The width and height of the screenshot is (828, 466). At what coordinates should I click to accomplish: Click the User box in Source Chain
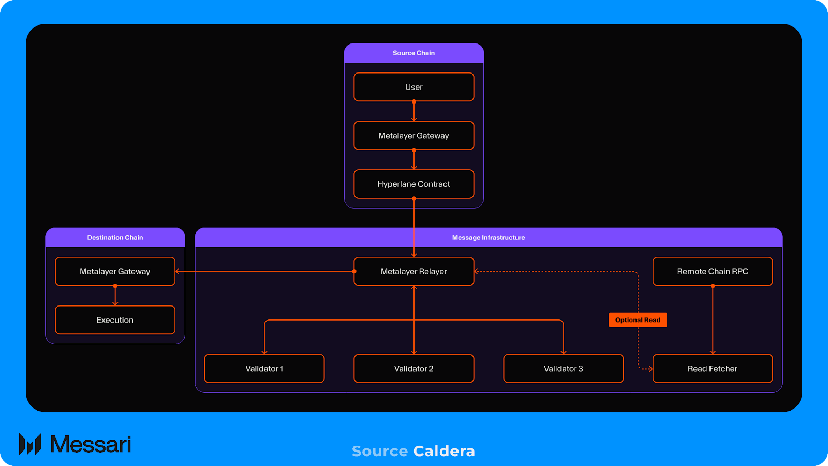point(413,87)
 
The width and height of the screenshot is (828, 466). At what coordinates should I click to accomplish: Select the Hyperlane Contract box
point(413,184)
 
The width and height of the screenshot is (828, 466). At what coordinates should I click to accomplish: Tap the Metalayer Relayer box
point(413,271)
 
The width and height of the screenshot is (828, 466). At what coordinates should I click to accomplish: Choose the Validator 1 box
point(264,369)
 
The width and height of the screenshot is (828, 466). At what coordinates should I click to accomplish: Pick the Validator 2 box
point(413,369)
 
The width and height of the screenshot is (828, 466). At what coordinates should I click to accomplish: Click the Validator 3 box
point(563,369)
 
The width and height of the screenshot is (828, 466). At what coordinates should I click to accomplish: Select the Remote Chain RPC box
point(713,271)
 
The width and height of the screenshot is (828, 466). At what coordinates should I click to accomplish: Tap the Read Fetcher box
point(713,369)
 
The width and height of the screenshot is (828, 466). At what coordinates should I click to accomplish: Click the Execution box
point(115,320)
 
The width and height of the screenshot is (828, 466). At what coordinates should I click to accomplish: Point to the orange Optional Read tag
point(638,320)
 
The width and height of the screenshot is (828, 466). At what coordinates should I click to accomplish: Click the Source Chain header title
point(413,53)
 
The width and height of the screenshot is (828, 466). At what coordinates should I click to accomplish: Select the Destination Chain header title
point(115,238)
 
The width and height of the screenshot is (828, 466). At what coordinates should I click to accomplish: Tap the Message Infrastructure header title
point(489,238)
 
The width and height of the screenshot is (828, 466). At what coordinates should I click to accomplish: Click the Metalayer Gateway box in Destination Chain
point(115,271)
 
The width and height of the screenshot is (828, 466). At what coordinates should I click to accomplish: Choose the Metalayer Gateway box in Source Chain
point(413,136)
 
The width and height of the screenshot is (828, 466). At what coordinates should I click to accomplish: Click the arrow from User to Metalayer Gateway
point(414,111)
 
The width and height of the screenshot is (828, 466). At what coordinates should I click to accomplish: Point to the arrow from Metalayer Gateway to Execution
point(115,296)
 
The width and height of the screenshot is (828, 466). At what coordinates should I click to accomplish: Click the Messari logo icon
point(30,444)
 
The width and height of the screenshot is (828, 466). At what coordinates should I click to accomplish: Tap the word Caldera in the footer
point(444,451)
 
